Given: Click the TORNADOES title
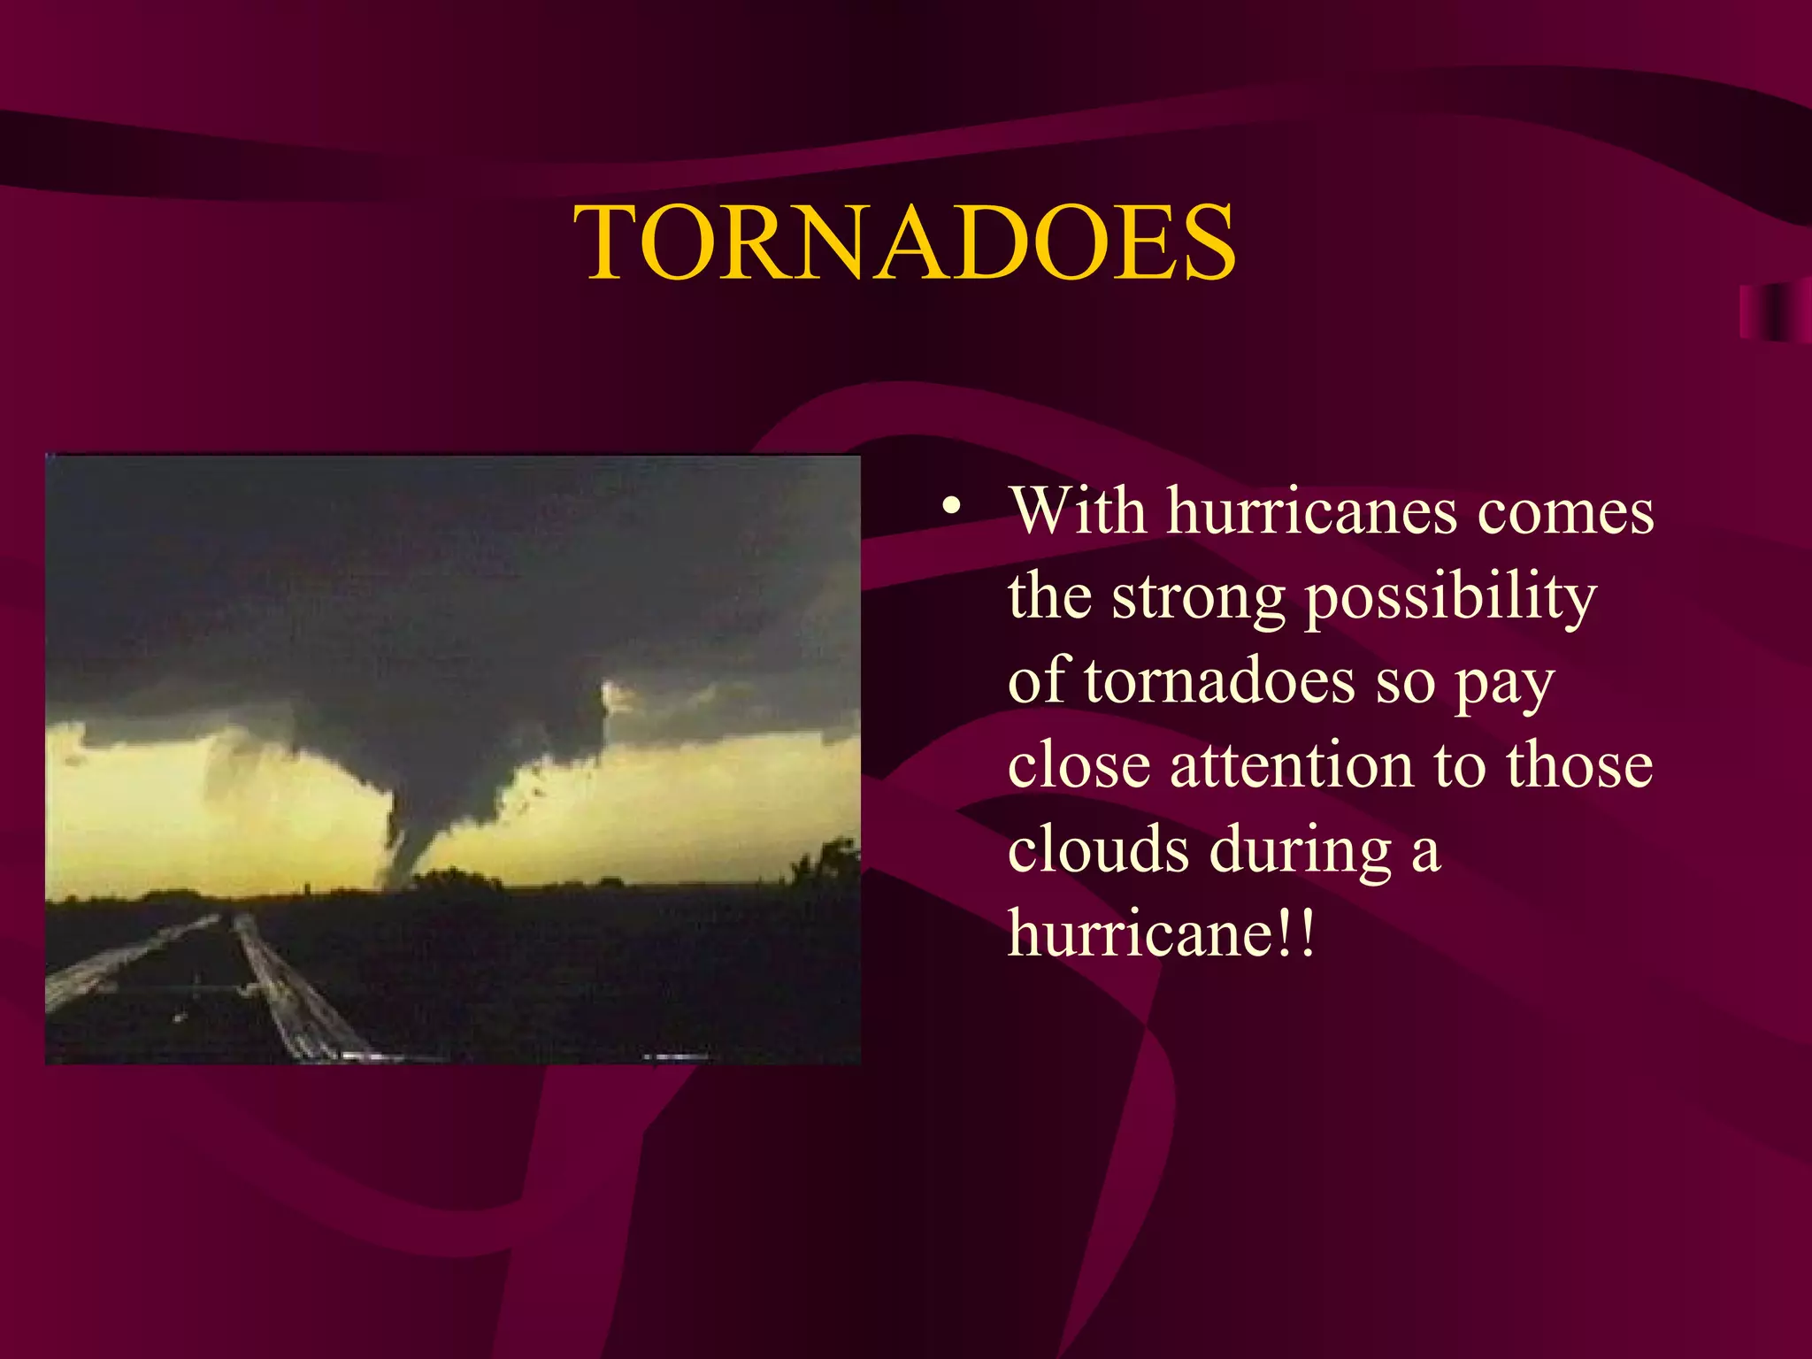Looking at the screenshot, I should (904, 242).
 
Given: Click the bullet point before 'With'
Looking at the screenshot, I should (951, 507).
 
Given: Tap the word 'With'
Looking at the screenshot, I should (1078, 511).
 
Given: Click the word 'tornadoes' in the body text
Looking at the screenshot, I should (1220, 682).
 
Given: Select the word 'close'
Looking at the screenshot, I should (1079, 765).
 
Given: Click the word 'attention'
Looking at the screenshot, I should (1293, 765).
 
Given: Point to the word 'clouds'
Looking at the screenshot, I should (1098, 849).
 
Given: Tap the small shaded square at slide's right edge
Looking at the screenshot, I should (1774, 311).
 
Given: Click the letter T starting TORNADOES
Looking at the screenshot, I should (610, 242).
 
